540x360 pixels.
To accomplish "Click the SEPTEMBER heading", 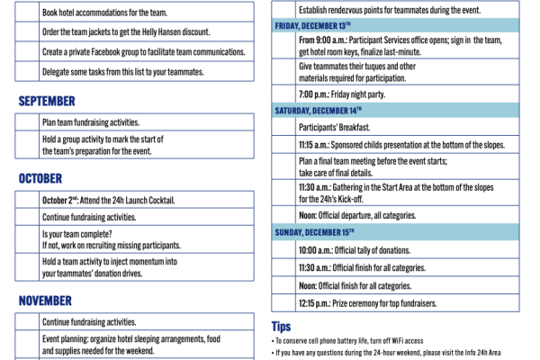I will point(46,102).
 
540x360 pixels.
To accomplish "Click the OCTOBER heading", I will point(40,179).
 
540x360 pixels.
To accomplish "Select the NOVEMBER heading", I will point(45,301).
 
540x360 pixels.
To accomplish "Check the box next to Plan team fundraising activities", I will point(28,121).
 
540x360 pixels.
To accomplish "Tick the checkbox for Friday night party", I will point(284,94).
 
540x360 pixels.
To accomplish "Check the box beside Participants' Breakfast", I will point(284,128).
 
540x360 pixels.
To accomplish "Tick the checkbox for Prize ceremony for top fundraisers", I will point(284,302).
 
